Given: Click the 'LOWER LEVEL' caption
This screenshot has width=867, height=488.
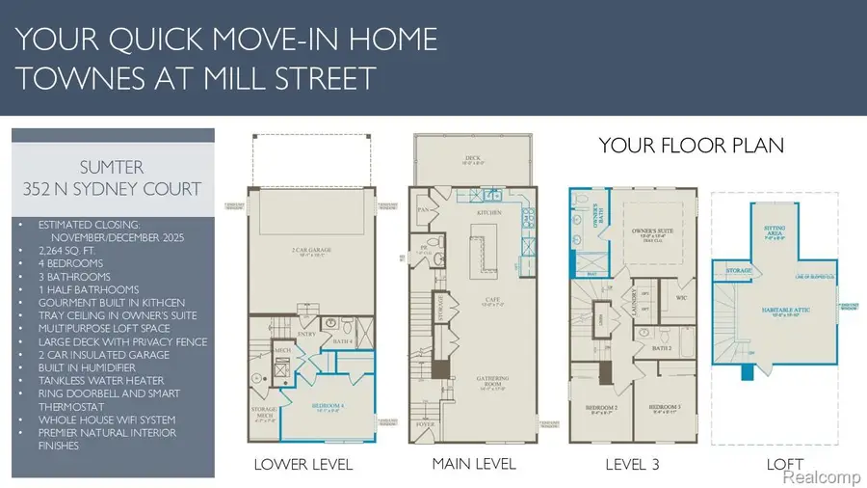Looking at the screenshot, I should point(303,465).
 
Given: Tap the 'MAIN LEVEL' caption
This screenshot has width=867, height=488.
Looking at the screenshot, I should point(473,464).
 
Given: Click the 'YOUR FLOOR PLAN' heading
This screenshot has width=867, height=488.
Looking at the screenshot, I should point(691,146).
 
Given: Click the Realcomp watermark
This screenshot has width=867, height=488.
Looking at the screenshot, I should point(821,476).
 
